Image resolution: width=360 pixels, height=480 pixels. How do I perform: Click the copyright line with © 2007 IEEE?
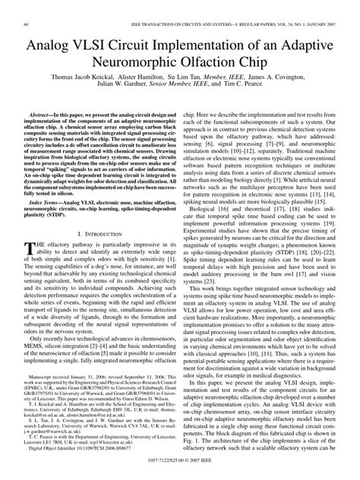[x=180, y=472]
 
